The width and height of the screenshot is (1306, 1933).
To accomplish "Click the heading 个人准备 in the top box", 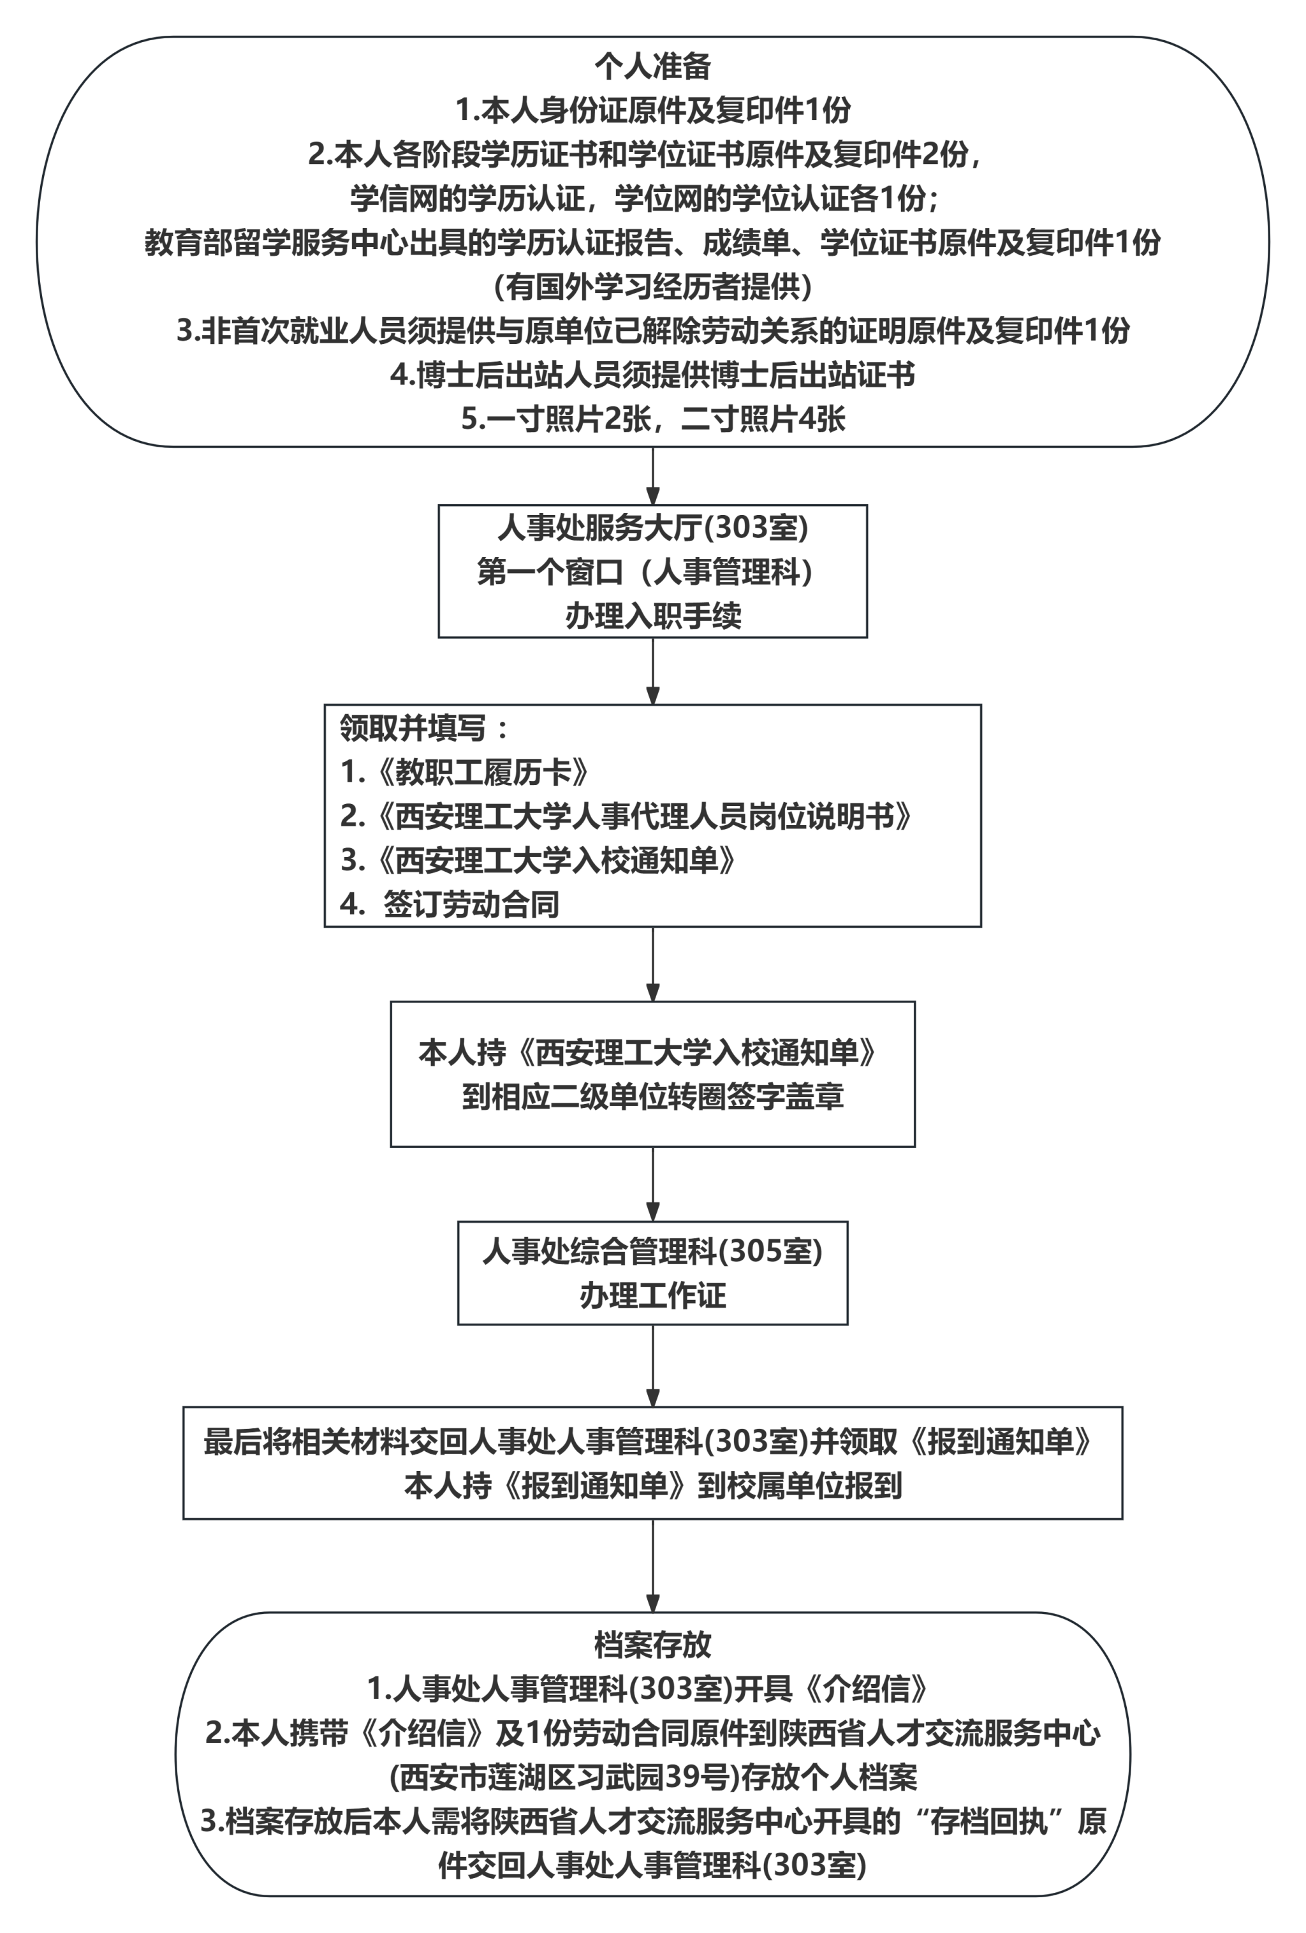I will point(652,66).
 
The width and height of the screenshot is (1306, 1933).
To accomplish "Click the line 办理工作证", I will point(652,1295).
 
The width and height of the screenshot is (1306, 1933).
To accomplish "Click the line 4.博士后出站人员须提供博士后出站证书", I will point(652,375).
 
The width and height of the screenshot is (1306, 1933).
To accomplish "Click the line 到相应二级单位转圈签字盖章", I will point(652,1097).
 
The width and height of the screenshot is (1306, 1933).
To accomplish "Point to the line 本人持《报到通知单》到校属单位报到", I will point(652,1486).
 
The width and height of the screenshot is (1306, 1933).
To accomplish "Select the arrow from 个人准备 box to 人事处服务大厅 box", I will point(652,476).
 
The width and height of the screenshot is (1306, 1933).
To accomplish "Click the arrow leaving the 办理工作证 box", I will point(652,1365).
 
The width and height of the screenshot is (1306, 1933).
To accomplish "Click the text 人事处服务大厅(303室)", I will point(652,527).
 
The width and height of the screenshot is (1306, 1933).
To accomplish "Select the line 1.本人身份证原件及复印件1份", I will point(652,110).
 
